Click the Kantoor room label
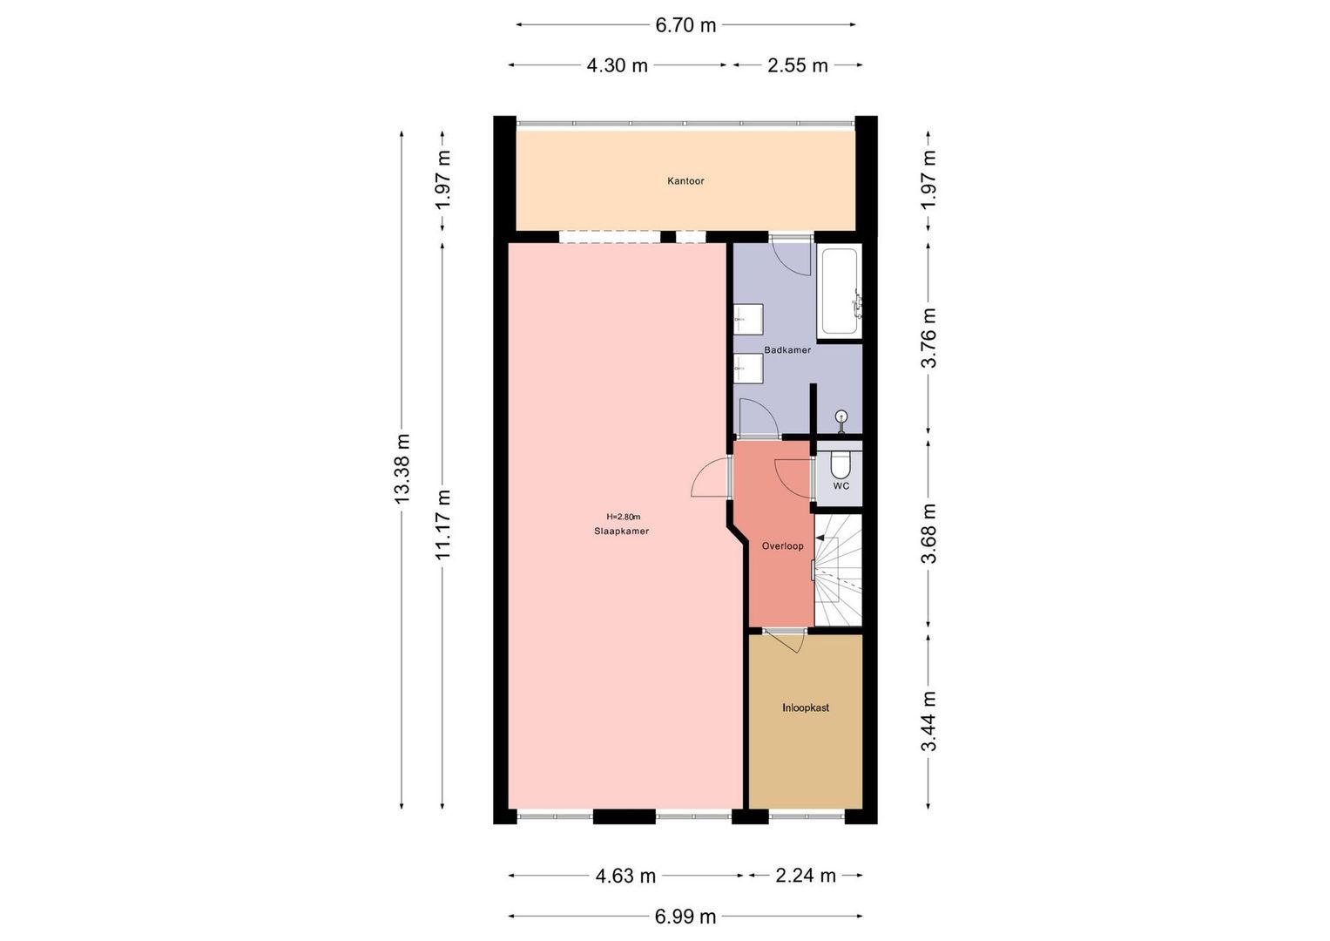coord(685,180)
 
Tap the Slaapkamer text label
coord(621,531)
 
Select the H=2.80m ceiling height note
coord(623,517)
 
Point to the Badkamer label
coord(787,350)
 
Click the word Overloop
coord(782,546)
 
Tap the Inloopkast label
coord(805,707)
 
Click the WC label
coord(841,486)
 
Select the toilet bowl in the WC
coord(841,464)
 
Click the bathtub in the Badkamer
coord(840,291)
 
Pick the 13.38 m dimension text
coord(402,470)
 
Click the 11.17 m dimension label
coord(443,525)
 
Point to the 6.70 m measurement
coord(685,25)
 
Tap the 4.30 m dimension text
coord(617,65)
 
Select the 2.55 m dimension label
coord(798,65)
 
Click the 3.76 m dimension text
coord(928,337)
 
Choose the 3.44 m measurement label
coord(928,721)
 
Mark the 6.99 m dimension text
coord(685,917)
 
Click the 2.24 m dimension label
coord(806,875)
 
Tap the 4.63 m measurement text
coord(625,876)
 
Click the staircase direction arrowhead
coord(820,538)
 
